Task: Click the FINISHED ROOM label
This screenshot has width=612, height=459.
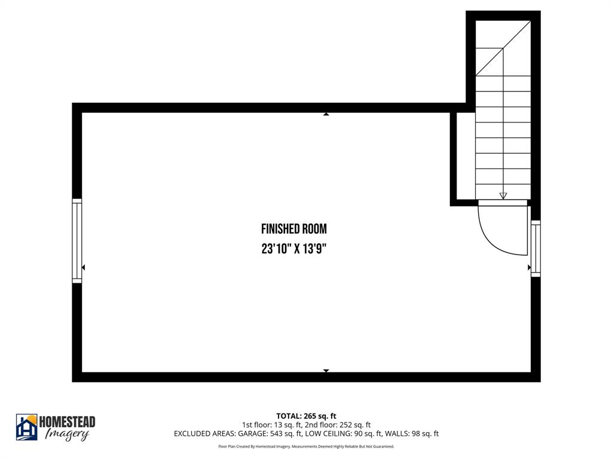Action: [294, 229]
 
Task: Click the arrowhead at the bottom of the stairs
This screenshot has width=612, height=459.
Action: [503, 195]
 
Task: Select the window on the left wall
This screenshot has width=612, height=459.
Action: [76, 240]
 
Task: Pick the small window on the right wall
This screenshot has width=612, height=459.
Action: [535, 249]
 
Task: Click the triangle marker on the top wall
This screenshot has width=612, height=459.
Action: [326, 114]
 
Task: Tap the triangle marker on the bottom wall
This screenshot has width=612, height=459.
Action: [326, 371]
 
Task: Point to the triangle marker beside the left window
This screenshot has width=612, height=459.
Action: [83, 267]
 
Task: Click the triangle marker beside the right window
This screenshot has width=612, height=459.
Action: [529, 267]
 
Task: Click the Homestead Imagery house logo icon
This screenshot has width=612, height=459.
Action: [26, 427]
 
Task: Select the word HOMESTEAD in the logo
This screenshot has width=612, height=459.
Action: [67, 422]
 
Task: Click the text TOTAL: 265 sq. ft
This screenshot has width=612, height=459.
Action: [306, 416]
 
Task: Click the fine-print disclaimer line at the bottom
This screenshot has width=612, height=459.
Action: [306, 446]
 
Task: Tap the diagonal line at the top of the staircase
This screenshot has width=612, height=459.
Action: [503, 48]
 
